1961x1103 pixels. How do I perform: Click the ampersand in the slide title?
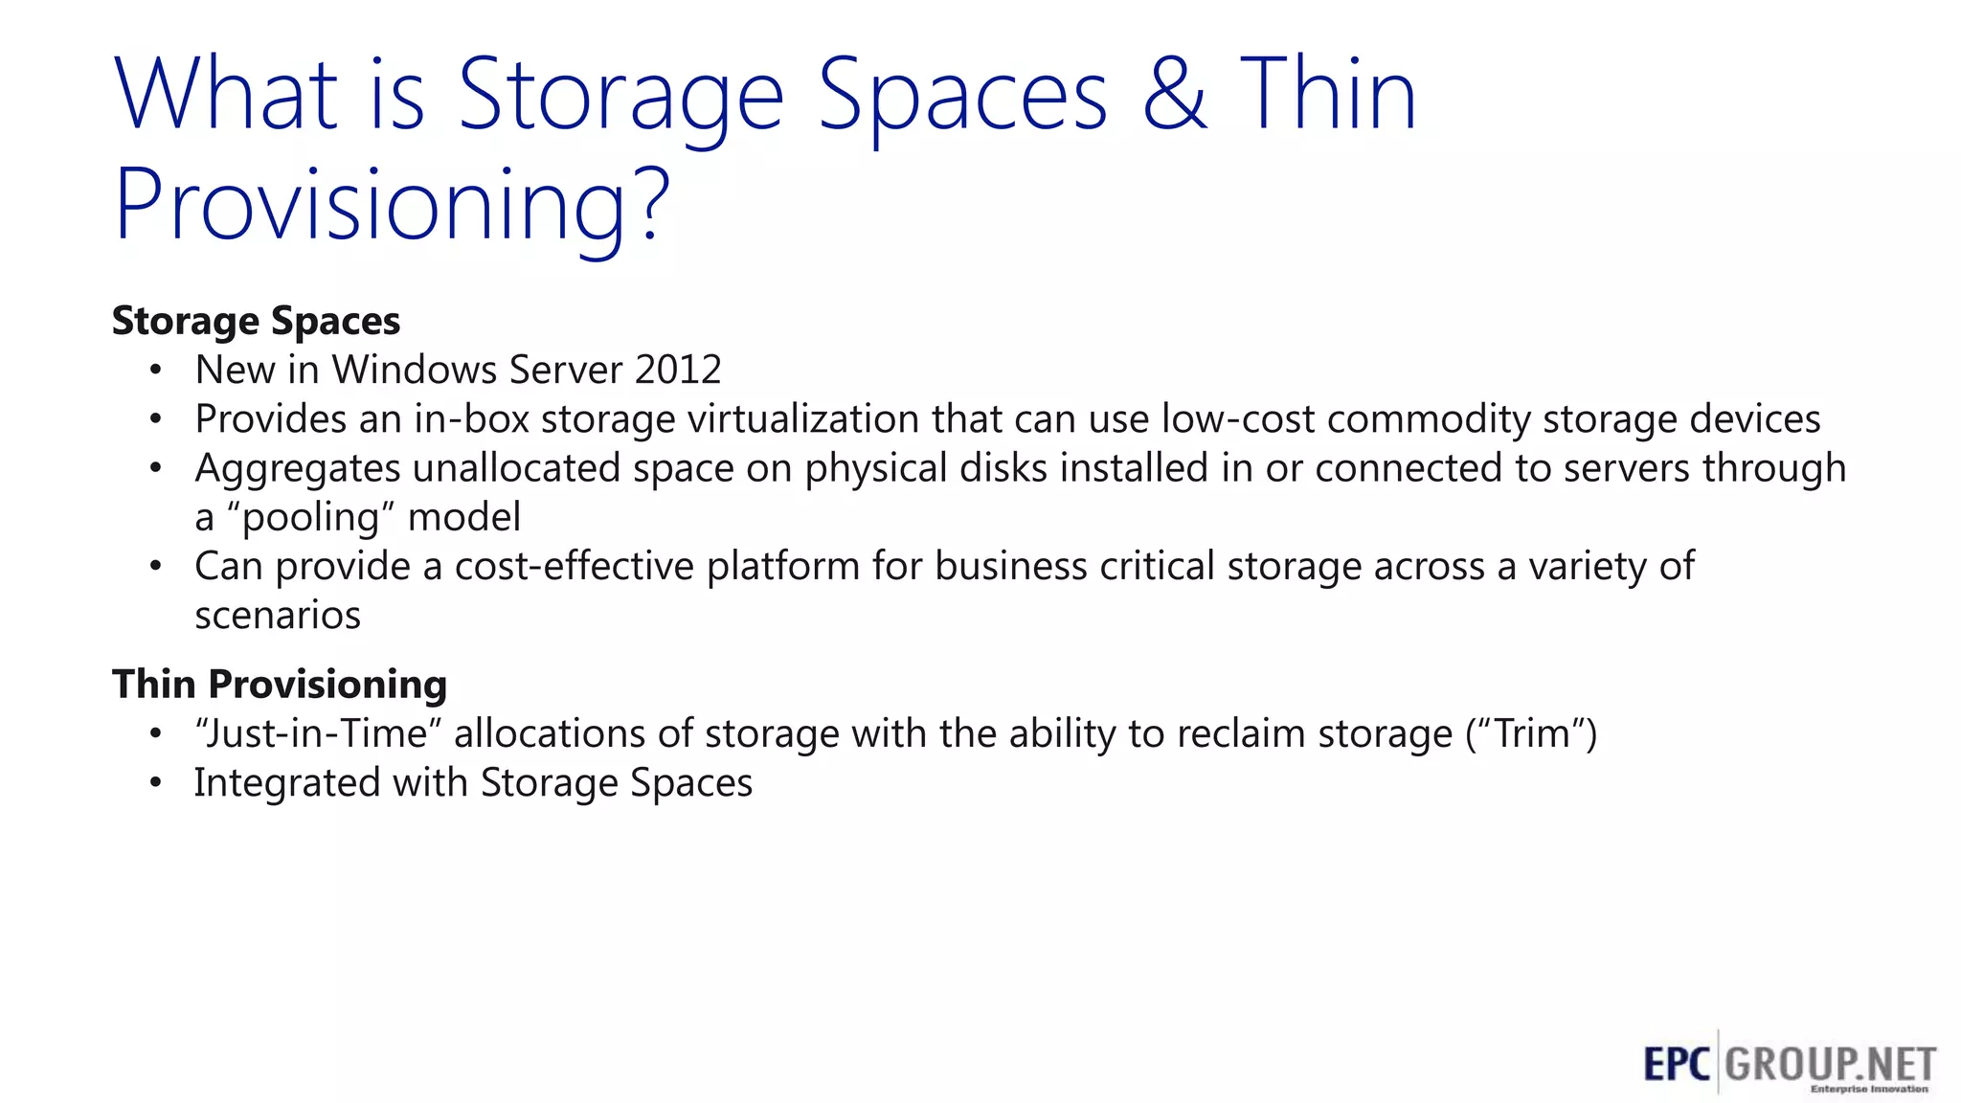[x=1174, y=94]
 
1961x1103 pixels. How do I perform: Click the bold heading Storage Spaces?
[x=256, y=321]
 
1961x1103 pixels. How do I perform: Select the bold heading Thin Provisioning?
[x=280, y=685]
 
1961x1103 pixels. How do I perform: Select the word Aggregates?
[x=298, y=469]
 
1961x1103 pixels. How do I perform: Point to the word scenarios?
[x=278, y=616]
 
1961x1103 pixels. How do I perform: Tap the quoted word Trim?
[x=1532, y=734]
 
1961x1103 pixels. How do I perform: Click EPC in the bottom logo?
[x=1677, y=1064]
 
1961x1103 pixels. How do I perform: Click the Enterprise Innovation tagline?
[x=1868, y=1089]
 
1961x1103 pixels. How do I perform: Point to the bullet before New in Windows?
[x=156, y=370]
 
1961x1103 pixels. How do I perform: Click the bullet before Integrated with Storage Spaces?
[x=156, y=783]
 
